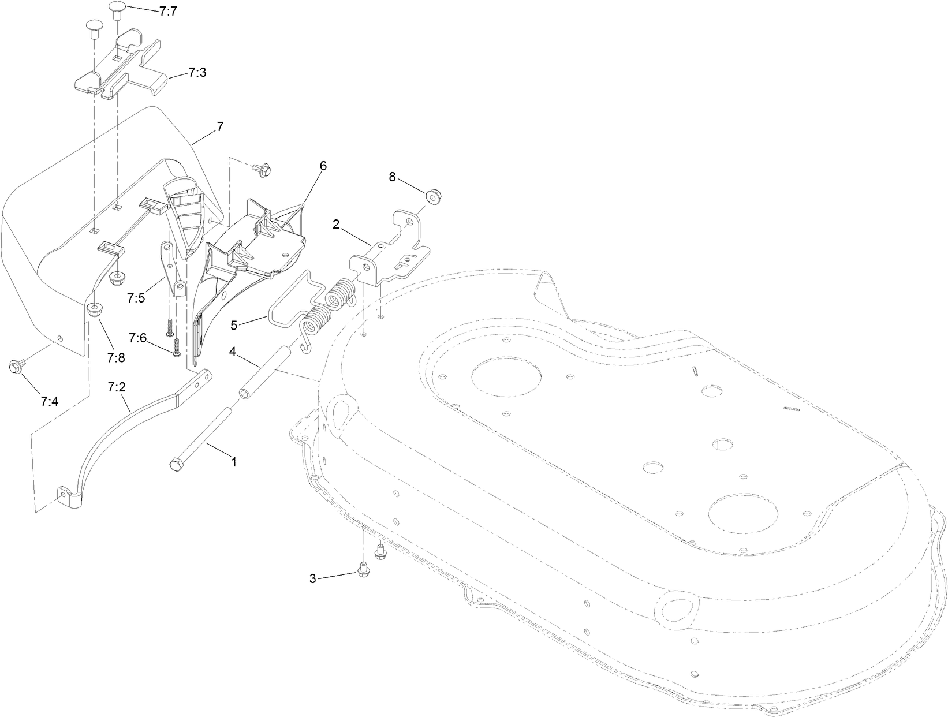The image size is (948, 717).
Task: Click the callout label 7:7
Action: (x=167, y=11)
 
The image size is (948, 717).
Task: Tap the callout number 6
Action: (x=323, y=166)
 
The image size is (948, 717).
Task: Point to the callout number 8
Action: (x=393, y=177)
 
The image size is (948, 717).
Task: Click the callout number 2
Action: (x=336, y=224)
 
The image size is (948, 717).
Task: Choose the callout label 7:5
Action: (x=137, y=298)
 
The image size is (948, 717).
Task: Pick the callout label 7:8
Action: (x=115, y=358)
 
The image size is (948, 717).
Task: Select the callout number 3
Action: (x=312, y=578)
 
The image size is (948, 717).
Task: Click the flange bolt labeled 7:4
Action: (x=15, y=367)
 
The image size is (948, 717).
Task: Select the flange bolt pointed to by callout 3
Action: (x=363, y=570)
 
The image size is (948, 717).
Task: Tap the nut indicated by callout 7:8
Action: (x=94, y=310)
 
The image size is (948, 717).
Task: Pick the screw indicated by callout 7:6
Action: (x=176, y=348)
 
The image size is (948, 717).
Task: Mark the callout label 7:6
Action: (x=138, y=338)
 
